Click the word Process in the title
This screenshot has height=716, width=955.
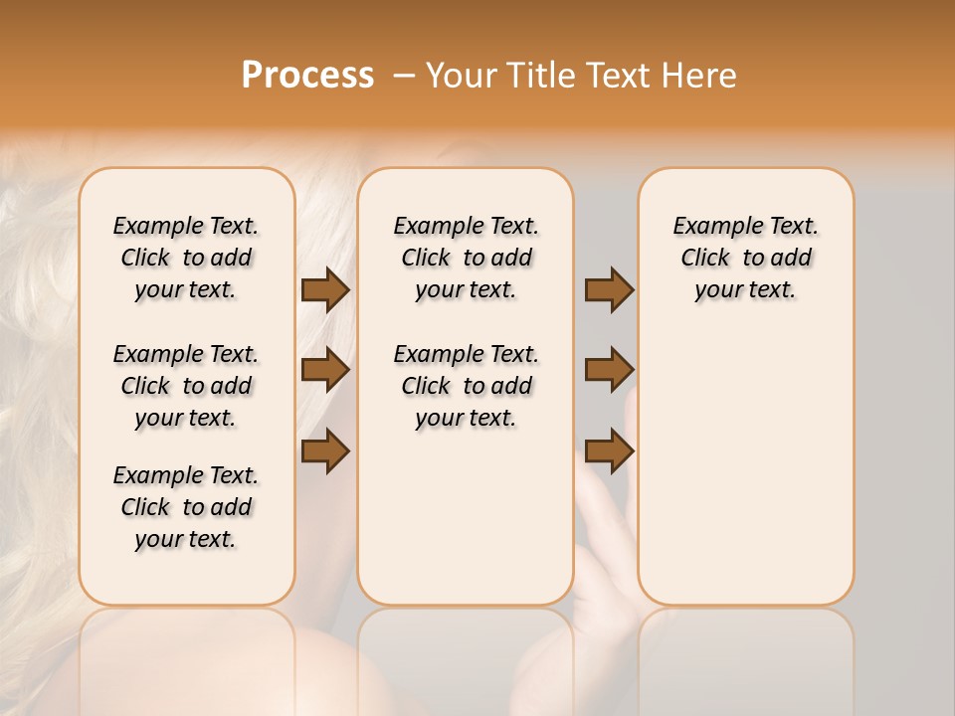point(307,75)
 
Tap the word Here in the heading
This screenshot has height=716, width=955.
point(699,75)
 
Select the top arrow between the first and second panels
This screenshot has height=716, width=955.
point(325,289)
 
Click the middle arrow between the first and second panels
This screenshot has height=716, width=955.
point(325,370)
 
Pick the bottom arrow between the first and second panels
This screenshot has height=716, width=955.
point(325,450)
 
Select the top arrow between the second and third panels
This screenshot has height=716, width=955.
point(609,289)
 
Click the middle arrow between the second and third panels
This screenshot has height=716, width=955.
point(609,370)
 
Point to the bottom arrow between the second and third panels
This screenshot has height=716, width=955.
point(609,450)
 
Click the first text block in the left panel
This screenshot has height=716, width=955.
point(186,258)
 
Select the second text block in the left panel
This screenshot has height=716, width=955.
point(186,386)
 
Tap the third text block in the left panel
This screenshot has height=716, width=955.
point(186,507)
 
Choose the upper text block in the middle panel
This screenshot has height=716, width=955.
point(466,258)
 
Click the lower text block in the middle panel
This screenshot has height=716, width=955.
point(466,386)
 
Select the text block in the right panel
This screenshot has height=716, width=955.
point(746,258)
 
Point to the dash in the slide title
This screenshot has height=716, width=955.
point(403,75)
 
